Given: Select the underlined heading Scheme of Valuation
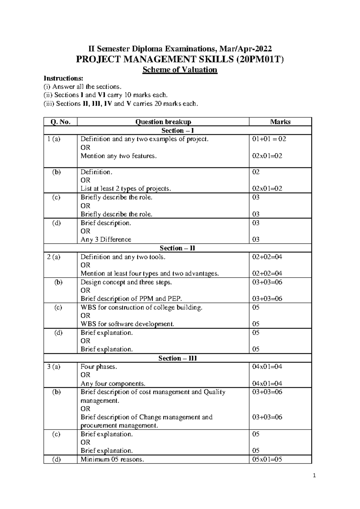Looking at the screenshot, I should point(180,70).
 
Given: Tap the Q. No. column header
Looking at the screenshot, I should point(60,122).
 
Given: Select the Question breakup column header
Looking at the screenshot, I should point(163,122).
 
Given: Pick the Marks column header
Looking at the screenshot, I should point(280,122).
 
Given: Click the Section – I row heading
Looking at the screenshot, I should point(178,131).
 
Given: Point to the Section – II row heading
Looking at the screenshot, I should point(177,248).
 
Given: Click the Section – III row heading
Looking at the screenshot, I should point(178,358).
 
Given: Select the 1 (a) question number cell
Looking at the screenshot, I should point(54,139).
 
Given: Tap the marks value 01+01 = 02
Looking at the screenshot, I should point(269,139).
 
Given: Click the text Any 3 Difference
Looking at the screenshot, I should point(106,239).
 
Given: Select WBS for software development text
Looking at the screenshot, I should point(127,324).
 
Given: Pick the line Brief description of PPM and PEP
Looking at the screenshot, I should point(131,299).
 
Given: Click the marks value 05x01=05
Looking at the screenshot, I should point(267,459).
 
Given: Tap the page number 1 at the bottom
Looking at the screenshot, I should point(314,476).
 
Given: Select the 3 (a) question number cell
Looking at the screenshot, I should point(54,367).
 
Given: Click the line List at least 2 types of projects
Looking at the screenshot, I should point(126,189).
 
